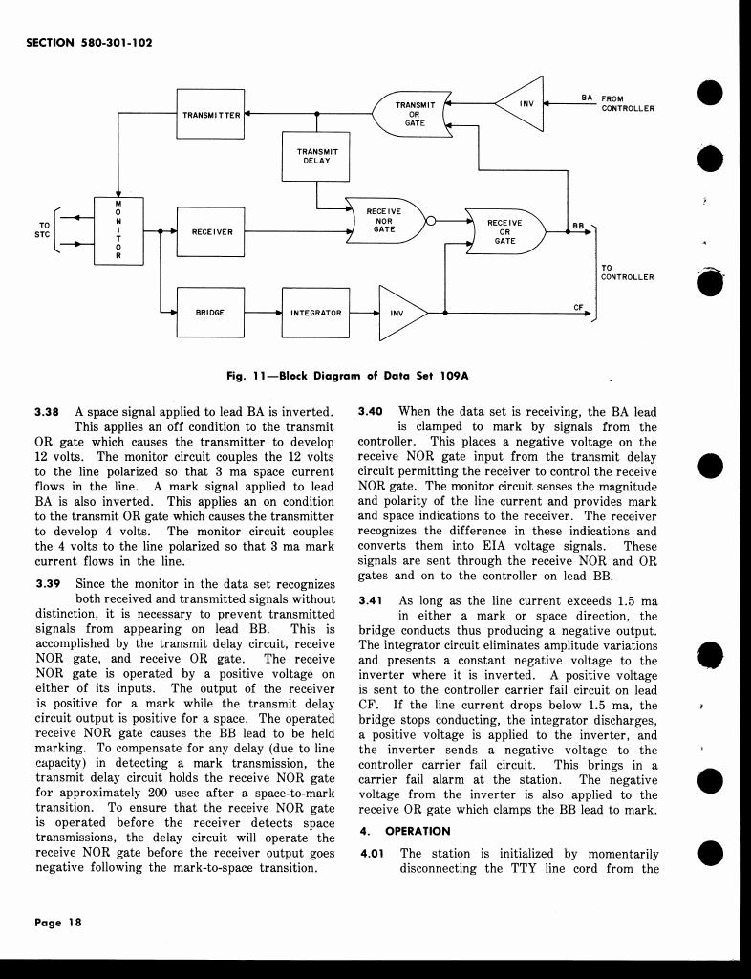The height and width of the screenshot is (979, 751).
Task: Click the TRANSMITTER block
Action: (211, 115)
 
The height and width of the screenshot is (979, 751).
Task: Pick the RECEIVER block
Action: (211, 231)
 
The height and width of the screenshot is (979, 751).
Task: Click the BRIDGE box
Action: (210, 313)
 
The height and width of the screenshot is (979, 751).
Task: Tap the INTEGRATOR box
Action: (315, 313)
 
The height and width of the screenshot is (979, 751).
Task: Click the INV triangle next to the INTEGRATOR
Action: (398, 313)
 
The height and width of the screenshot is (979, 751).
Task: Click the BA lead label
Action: (587, 97)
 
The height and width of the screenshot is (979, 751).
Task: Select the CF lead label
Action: (578, 306)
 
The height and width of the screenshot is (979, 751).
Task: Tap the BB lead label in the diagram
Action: (577, 226)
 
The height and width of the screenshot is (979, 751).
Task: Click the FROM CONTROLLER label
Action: (627, 103)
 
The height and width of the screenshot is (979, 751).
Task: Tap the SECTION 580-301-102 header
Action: (92, 42)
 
